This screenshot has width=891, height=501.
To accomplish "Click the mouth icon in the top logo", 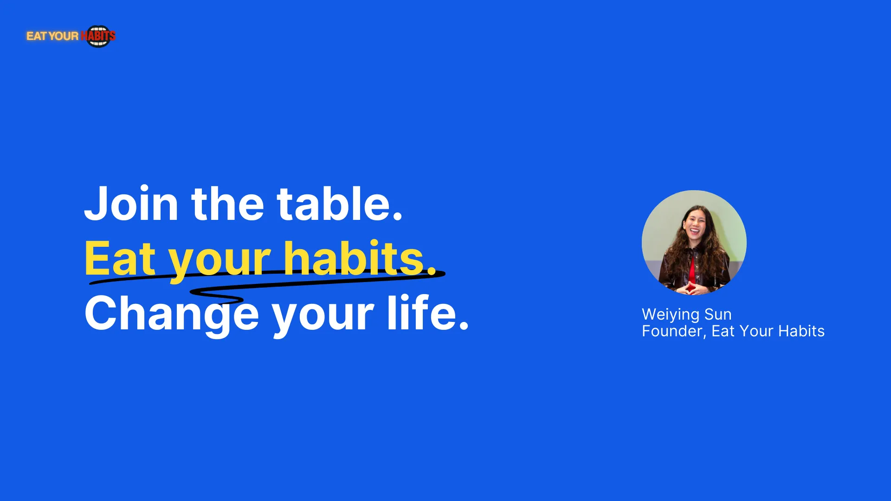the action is point(98,36).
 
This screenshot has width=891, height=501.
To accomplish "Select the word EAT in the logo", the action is point(37,36).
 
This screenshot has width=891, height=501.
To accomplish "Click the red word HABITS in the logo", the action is point(98,36).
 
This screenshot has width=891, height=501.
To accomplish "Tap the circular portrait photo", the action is point(694,243).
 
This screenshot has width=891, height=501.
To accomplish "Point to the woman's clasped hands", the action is point(691,288).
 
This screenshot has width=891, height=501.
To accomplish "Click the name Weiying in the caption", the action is point(671,315).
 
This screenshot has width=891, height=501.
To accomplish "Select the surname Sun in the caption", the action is point(718,315).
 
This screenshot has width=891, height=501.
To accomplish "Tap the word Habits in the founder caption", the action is point(801,331).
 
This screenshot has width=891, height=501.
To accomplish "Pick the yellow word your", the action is point(219,262).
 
